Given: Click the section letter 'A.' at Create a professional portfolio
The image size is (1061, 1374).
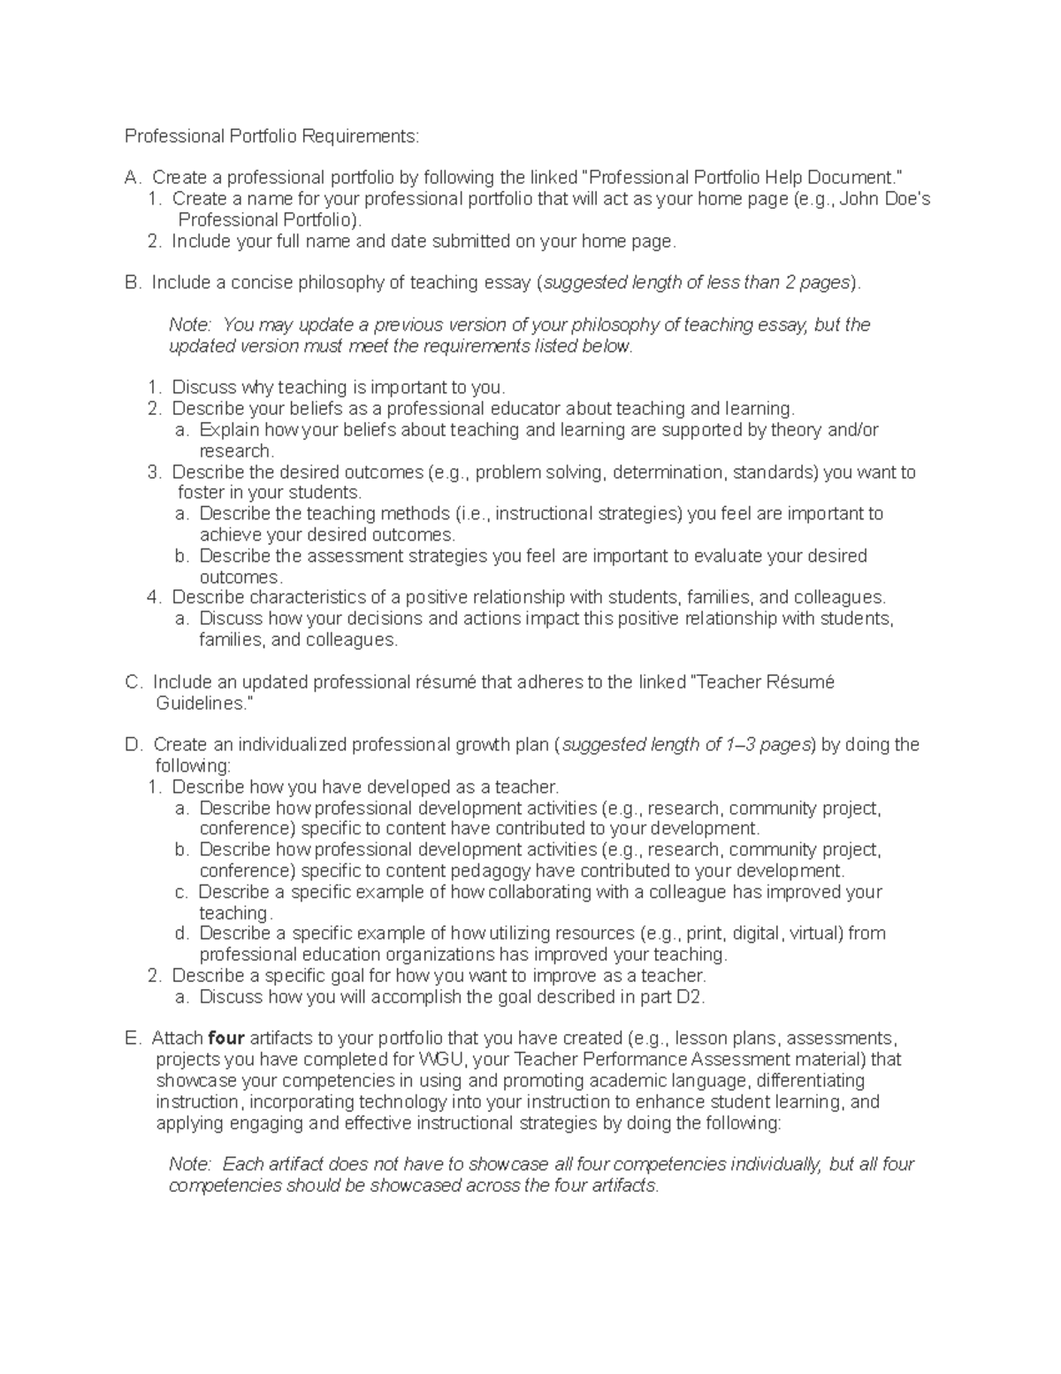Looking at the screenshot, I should click(x=133, y=178).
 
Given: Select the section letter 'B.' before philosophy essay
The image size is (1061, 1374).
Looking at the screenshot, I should click(x=133, y=283).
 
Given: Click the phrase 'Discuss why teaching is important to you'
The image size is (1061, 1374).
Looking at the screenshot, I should click(x=338, y=388).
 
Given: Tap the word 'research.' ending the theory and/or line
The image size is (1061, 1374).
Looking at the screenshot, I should click(x=236, y=451).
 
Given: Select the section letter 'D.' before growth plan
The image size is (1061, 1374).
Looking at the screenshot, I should click(x=134, y=745).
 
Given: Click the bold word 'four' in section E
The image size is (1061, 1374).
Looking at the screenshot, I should click(x=225, y=1039).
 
